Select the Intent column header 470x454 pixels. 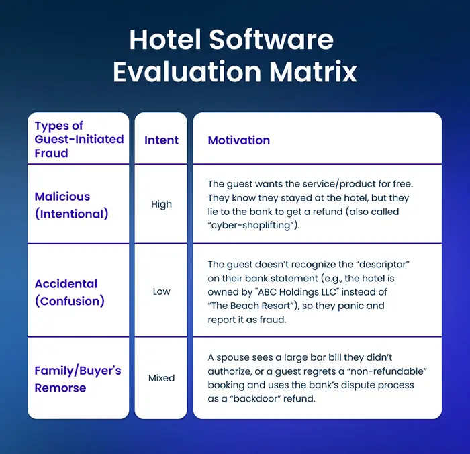coord(162,140)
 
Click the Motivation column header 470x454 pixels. coord(239,140)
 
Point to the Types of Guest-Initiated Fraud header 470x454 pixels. coord(79,139)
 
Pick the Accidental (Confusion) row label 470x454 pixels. coord(69,292)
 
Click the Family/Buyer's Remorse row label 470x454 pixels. coord(78,379)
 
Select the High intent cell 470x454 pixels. coord(161,205)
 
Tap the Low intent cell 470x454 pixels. coord(161,292)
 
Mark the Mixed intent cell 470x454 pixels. coord(161,379)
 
